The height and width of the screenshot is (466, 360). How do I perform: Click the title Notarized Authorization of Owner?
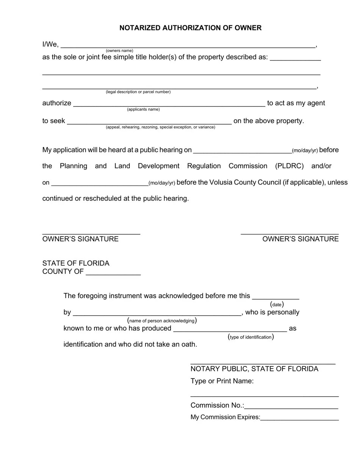[190, 28]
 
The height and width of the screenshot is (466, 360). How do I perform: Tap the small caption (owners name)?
[119, 51]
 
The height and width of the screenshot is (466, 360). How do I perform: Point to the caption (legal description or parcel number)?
[138, 92]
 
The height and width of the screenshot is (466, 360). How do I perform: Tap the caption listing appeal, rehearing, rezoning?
[160, 127]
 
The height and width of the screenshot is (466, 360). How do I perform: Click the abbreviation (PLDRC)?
[289, 166]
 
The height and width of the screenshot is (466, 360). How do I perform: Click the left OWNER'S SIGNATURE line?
[91, 233]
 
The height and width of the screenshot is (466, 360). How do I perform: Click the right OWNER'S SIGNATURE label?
[301, 239]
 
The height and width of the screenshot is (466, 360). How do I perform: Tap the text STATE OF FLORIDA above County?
[76, 263]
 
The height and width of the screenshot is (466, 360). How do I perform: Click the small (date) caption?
[277, 305]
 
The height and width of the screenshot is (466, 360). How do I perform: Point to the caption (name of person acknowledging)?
[162, 321]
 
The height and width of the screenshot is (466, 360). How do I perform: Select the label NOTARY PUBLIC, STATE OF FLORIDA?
[254, 369]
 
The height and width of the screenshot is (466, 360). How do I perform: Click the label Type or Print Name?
[222, 381]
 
